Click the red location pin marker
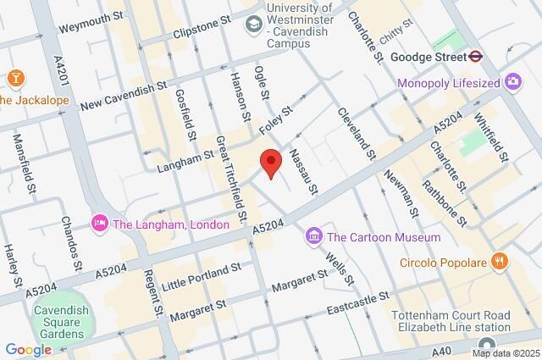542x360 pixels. pyautogui.click(x=270, y=161)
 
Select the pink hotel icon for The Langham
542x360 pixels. pyautogui.click(x=99, y=224)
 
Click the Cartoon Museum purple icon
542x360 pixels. pyautogui.click(x=313, y=235)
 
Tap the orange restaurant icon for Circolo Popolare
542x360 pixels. pyautogui.click(x=501, y=261)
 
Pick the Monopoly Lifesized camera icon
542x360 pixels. pyautogui.click(x=512, y=82)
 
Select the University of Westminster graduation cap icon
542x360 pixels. pyautogui.click(x=252, y=25)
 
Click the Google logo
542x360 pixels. pyautogui.click(x=28, y=349)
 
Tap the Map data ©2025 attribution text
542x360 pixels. pyautogui.click(x=506, y=353)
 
